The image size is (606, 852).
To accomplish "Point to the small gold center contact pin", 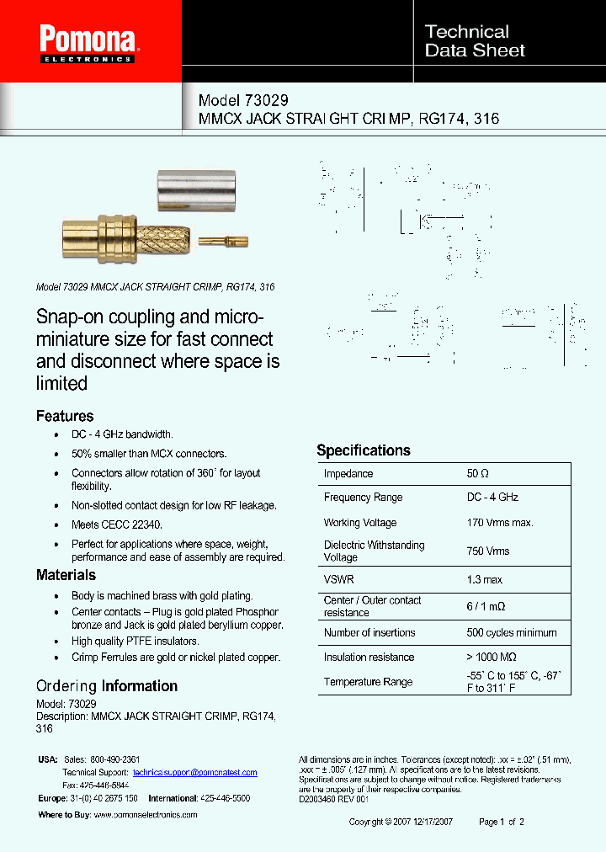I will (223, 242).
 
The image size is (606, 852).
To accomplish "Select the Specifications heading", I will (364, 450).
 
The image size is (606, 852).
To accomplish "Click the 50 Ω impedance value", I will (478, 474).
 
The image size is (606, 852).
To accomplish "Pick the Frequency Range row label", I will (363, 498).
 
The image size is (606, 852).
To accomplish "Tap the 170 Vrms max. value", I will (500, 523).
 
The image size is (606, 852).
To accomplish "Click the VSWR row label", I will (338, 579).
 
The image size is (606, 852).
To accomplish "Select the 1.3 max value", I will (485, 579).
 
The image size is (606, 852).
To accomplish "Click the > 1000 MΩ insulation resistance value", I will (492, 657).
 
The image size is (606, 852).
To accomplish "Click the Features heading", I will (65, 416).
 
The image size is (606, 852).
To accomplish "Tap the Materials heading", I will (66, 575).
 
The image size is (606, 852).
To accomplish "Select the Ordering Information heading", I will (107, 686).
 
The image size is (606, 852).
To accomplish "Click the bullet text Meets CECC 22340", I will (117, 525).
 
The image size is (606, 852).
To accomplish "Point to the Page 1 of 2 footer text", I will (502, 822).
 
